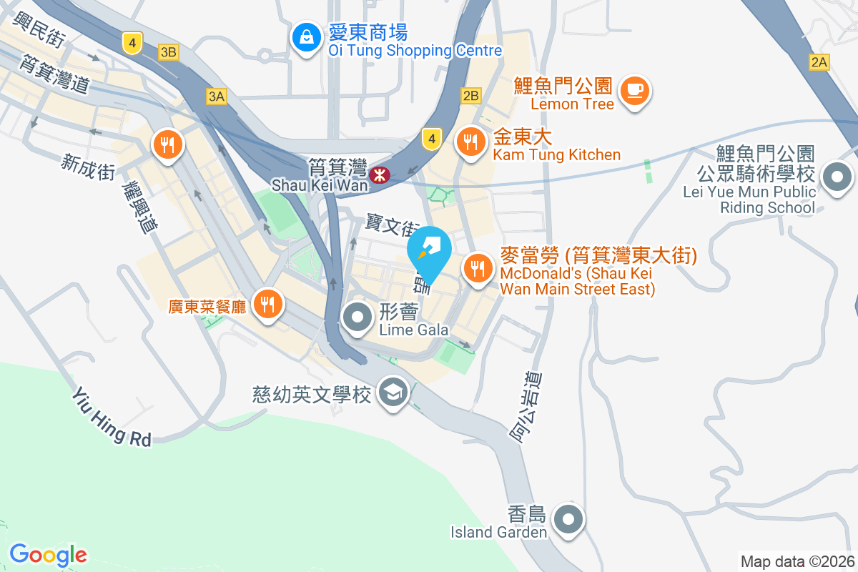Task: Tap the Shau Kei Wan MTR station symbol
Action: (x=379, y=174)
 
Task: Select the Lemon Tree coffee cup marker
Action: (x=634, y=91)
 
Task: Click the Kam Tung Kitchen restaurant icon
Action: (x=470, y=141)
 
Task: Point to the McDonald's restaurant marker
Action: (x=477, y=269)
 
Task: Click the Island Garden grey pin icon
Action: (x=569, y=519)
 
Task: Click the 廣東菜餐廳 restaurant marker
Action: (x=267, y=305)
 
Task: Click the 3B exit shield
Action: (x=169, y=51)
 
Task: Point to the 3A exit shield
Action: (x=216, y=96)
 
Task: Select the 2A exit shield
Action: (x=819, y=62)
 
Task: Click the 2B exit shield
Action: (x=470, y=96)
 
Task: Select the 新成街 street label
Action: (x=89, y=167)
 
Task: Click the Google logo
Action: (x=48, y=555)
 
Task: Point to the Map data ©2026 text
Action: (x=797, y=561)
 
